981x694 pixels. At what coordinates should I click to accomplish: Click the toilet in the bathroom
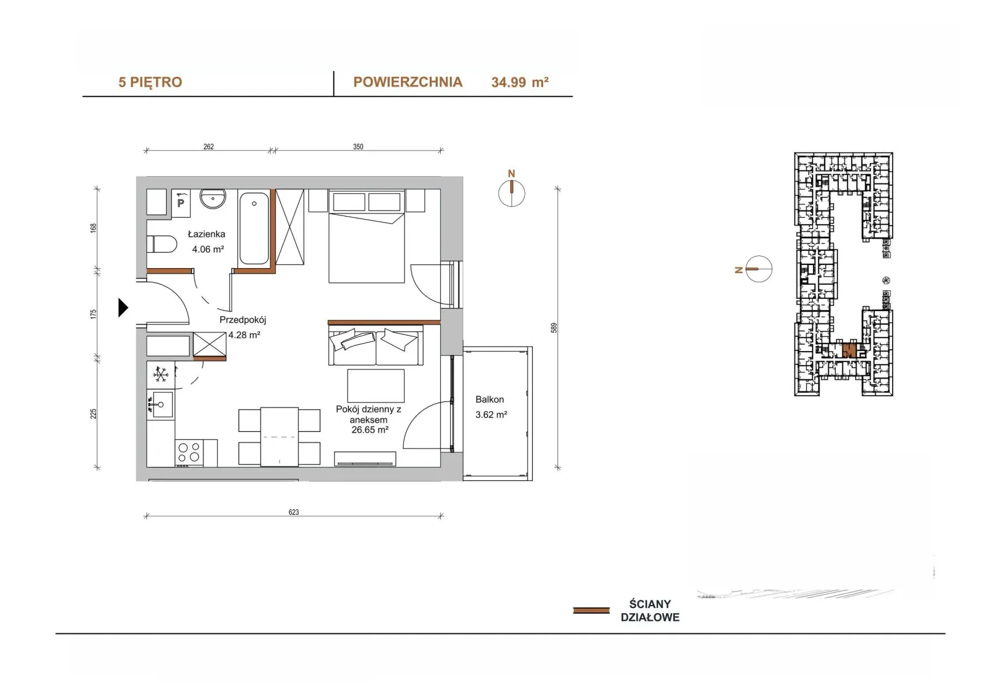(162, 244)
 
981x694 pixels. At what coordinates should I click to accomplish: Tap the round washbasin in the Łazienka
(213, 199)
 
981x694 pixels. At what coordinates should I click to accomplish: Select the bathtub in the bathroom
(254, 228)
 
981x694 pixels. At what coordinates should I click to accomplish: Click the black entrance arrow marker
(123, 307)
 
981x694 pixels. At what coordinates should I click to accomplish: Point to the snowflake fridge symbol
(161, 375)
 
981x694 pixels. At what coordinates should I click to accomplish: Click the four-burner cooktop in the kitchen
(189, 452)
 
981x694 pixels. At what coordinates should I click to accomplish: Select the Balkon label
(490, 399)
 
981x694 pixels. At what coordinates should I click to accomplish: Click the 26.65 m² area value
(370, 430)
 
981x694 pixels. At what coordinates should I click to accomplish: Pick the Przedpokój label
(243, 320)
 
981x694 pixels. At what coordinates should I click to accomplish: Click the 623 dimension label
(294, 512)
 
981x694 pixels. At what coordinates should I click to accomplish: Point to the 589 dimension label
(554, 328)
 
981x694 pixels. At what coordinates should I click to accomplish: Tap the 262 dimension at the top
(208, 147)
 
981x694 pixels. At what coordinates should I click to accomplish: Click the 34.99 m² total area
(520, 82)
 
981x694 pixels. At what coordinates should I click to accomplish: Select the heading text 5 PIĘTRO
(150, 82)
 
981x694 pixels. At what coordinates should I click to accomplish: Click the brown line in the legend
(591, 611)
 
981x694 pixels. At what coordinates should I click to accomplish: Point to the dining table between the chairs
(280, 437)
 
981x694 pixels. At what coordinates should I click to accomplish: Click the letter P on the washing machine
(180, 204)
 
